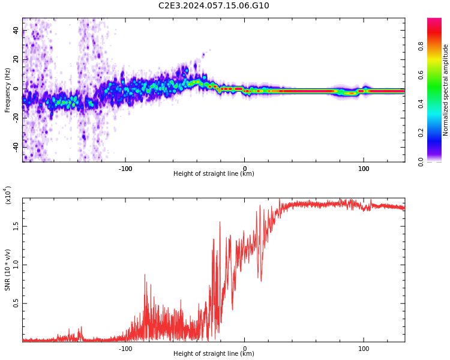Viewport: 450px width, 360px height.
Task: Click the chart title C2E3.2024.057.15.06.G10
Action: [x=214, y=6]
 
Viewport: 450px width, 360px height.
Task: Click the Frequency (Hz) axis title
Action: [x=7, y=90]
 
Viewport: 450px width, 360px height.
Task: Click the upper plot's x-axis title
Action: [x=214, y=174]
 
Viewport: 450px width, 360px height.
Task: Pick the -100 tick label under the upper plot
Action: [x=125, y=169]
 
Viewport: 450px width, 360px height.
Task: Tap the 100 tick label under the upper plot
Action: [x=364, y=169]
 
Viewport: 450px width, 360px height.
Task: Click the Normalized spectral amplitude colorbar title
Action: [x=446, y=90]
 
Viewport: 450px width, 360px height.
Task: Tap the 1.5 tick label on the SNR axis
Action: [x=16, y=226]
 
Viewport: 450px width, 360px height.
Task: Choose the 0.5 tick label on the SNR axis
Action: [x=16, y=304]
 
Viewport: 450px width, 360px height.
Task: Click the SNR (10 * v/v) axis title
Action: [x=7, y=270]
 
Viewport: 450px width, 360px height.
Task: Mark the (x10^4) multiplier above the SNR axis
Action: [x=8, y=195]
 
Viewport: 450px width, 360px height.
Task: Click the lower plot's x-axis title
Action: [x=214, y=354]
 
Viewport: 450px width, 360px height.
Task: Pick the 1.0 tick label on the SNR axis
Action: [x=16, y=265]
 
